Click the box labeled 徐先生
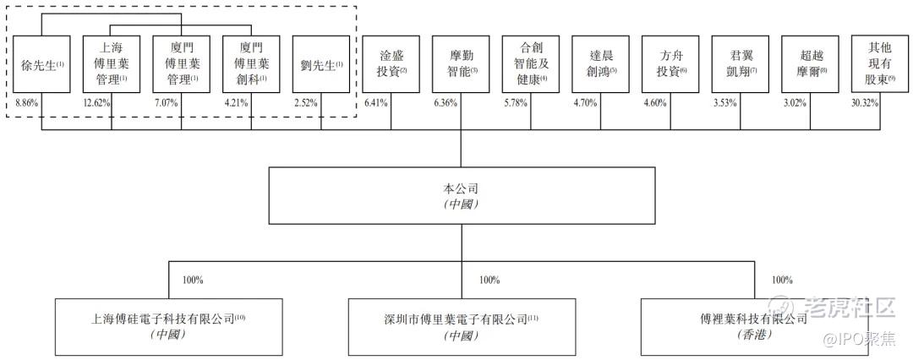(x=41, y=64)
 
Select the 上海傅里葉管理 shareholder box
(x=111, y=64)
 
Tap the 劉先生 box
(x=321, y=64)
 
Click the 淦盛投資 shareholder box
(x=391, y=64)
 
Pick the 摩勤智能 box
(x=461, y=64)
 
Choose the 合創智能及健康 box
(x=531, y=64)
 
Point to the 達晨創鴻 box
(x=600, y=64)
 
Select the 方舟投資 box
(x=670, y=64)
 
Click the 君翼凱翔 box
(x=741, y=64)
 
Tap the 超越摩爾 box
(x=810, y=64)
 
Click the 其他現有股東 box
(x=880, y=64)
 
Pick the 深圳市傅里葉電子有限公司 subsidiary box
(x=461, y=326)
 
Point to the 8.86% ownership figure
(x=27, y=102)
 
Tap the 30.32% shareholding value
(x=866, y=102)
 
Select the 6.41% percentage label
(x=376, y=102)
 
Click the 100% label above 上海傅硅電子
(x=194, y=280)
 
